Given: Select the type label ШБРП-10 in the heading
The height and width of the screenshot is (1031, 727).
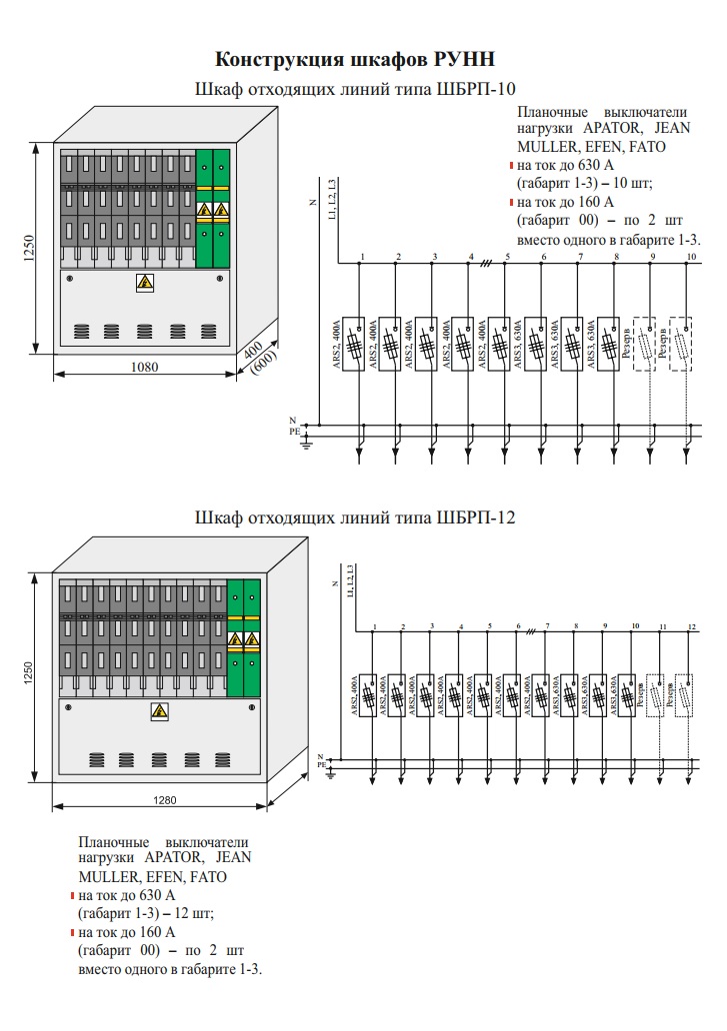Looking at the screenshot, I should pos(478,89).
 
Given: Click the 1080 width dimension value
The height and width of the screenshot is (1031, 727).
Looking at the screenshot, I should pos(145,367).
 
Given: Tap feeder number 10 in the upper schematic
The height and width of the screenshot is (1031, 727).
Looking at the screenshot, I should pos(691,258).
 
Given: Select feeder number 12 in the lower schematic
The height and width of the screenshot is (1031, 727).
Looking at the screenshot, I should pos(691,626).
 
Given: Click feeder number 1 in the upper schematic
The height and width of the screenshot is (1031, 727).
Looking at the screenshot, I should pos(362,258).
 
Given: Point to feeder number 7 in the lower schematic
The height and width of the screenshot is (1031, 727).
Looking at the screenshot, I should pos(547,626).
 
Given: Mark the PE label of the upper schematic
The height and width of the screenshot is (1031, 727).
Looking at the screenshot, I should pos(294,432).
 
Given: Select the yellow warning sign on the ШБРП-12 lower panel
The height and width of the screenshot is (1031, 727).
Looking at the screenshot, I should pos(158,710).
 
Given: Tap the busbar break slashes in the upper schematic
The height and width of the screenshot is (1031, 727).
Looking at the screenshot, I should pos(487,263).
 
